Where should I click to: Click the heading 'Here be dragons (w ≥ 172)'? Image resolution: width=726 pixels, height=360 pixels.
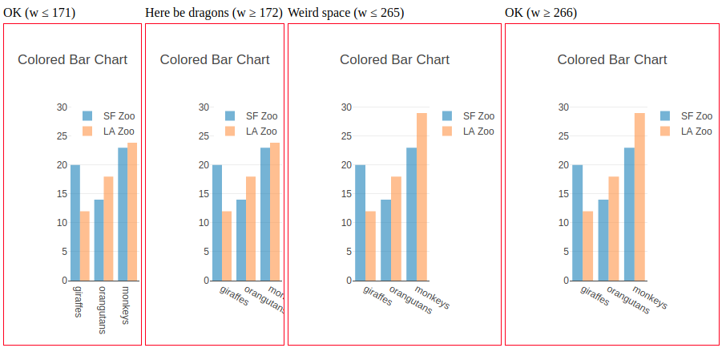pyautogui.click(x=214, y=13)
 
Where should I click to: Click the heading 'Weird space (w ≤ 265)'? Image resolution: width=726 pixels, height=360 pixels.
pyautogui.click(x=345, y=13)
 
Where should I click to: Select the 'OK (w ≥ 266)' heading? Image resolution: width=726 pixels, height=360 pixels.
pyautogui.click(x=541, y=13)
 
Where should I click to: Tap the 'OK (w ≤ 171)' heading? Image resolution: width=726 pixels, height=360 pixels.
pyautogui.click(x=39, y=13)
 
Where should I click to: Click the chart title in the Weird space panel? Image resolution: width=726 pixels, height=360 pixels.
pyautogui.click(x=394, y=59)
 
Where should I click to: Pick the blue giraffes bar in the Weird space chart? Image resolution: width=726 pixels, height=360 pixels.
pyautogui.click(x=360, y=223)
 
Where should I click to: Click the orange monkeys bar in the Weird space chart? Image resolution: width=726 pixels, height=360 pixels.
pyautogui.click(x=421, y=196)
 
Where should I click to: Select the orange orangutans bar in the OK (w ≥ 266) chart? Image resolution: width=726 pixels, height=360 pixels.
pyautogui.click(x=613, y=229)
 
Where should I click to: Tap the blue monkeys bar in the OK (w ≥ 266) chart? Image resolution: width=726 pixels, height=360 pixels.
pyautogui.click(x=629, y=214)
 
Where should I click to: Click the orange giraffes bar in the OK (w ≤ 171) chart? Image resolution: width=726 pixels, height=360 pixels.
pyautogui.click(x=85, y=246)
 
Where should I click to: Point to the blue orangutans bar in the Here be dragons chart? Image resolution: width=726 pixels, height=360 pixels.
pyautogui.click(x=240, y=240)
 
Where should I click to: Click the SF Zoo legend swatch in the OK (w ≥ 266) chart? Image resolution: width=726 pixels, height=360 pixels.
pyautogui.click(x=665, y=115)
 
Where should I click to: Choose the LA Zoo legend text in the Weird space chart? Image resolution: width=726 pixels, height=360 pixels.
pyautogui.click(x=478, y=131)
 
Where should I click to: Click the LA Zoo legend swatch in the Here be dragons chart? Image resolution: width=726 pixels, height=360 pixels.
pyautogui.click(x=230, y=131)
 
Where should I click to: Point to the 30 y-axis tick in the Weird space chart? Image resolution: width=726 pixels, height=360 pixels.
pyautogui.click(x=346, y=107)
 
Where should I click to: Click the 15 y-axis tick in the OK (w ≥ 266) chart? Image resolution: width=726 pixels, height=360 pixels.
pyautogui.click(x=564, y=194)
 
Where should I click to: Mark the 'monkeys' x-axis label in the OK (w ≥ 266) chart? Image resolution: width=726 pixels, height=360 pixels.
pyautogui.click(x=650, y=297)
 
